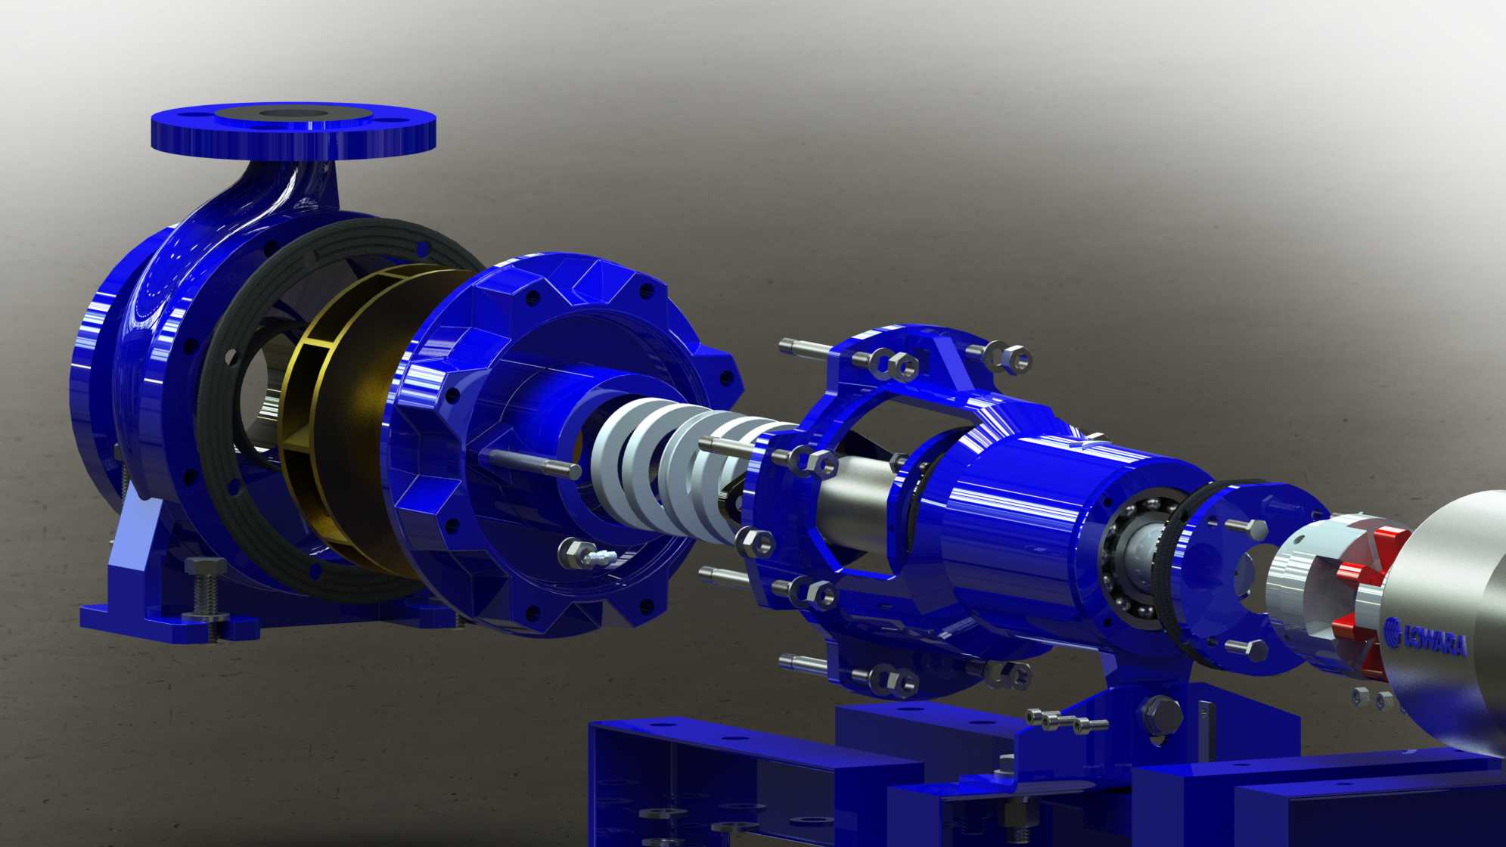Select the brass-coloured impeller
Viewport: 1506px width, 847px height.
356,423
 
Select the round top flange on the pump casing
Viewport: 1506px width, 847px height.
293,129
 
